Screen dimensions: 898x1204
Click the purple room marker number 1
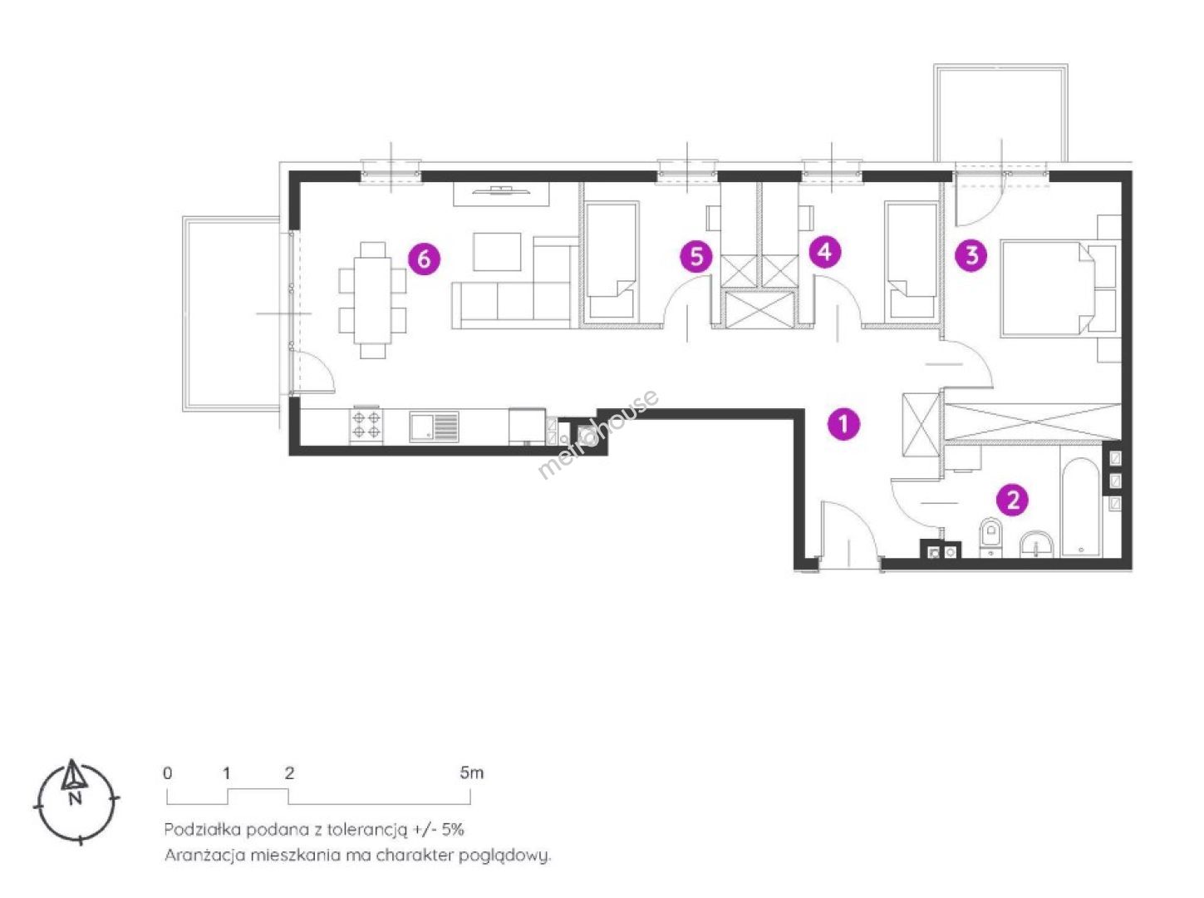coord(843,424)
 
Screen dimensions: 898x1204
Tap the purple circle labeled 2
coord(1013,500)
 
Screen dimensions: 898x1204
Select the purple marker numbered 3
coord(971,254)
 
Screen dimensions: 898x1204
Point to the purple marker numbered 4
coord(825,251)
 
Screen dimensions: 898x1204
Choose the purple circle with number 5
coord(696,256)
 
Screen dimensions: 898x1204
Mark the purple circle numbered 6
coord(424,259)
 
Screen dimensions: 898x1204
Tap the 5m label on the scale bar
coord(471,772)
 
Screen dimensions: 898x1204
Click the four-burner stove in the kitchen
coord(367,425)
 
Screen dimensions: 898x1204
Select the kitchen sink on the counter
coord(433,427)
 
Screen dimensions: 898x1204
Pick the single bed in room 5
coord(611,259)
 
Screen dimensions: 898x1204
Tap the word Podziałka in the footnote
coord(203,829)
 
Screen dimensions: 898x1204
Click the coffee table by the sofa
coord(497,251)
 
